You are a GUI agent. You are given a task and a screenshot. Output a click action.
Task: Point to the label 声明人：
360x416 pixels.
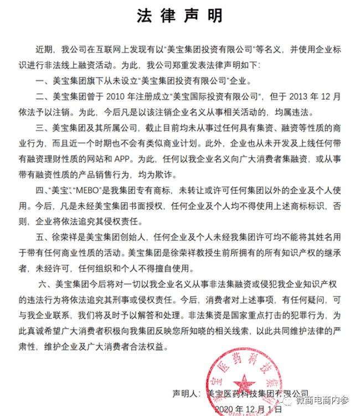point(186,394)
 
